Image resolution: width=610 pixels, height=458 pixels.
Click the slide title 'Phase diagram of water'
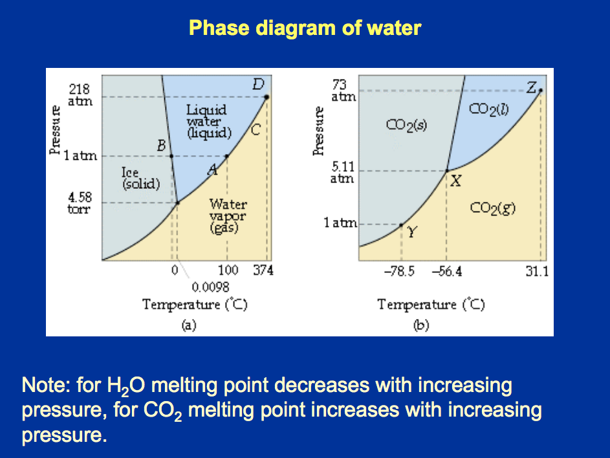coord(305,28)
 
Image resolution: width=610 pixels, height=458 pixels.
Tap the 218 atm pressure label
coord(80,95)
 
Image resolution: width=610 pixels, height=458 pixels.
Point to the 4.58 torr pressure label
coord(80,203)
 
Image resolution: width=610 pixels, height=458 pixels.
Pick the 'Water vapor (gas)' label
coord(228,216)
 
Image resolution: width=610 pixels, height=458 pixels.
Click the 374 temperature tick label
coord(263,270)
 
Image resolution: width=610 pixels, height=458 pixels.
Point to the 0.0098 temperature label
coord(210,287)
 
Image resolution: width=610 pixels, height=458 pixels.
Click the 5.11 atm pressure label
coord(342,173)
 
